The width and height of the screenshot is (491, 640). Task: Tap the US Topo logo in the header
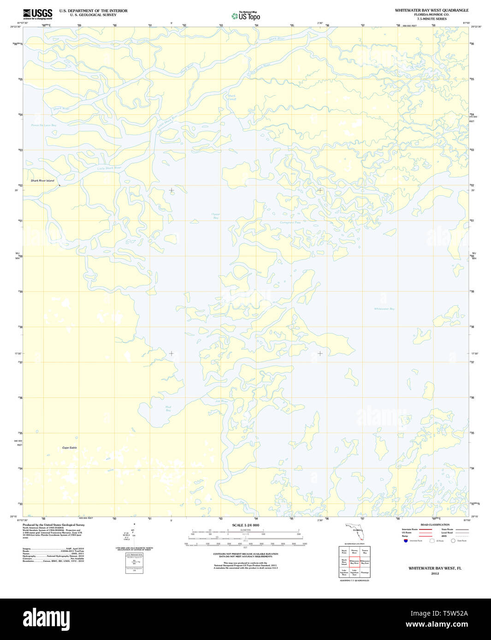(x=247, y=16)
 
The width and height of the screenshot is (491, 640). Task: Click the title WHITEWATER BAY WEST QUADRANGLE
(x=432, y=10)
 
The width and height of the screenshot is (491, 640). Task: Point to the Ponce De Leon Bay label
(x=43, y=125)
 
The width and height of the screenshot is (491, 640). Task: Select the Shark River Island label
(x=42, y=180)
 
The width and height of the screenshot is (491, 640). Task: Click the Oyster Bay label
(x=216, y=216)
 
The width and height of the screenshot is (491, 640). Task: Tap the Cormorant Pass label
(x=290, y=222)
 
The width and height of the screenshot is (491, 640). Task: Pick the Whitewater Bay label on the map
(x=384, y=308)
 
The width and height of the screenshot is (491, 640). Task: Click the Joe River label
(x=222, y=401)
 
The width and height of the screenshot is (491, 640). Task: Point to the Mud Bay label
(x=168, y=408)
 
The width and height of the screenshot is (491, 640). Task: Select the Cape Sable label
(x=70, y=448)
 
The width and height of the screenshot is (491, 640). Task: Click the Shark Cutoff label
(x=231, y=98)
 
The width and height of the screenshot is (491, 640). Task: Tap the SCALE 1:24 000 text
(x=245, y=525)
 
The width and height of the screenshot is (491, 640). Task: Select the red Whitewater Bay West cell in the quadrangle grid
(x=354, y=562)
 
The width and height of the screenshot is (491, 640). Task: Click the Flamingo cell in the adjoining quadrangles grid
(x=365, y=573)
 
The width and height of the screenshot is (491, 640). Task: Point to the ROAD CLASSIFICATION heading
(x=435, y=525)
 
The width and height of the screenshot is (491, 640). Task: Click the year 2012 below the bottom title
(x=435, y=574)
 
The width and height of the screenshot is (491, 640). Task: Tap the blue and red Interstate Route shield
(x=406, y=541)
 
